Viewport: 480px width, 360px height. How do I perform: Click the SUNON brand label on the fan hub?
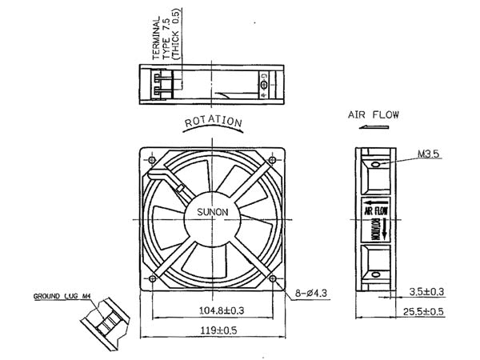(x=213, y=212)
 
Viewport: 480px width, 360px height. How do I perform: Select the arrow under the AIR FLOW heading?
(x=372, y=127)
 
